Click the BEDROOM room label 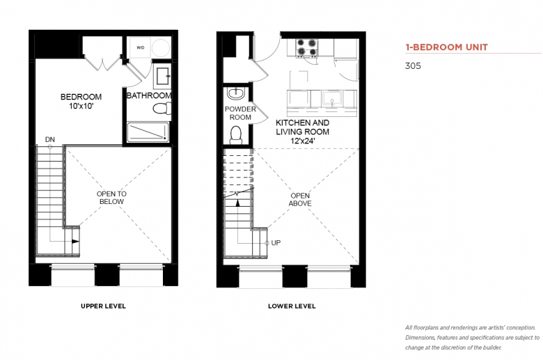(81, 97)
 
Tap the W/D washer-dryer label (140, 48)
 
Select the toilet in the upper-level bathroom (162, 109)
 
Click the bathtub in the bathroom (148, 132)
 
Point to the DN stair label (50, 139)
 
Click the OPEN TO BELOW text (111, 198)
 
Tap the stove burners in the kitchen (307, 48)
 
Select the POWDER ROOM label (240, 114)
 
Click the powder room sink (236, 93)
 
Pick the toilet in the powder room (236, 135)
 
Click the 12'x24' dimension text (303, 141)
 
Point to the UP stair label (276, 243)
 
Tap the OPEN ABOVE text (300, 200)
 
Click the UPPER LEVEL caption (103, 306)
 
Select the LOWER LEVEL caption (292, 306)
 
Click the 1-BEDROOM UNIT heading (447, 47)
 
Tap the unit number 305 (413, 66)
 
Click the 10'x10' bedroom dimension (81, 106)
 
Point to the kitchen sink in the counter (332, 98)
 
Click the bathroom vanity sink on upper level (163, 76)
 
